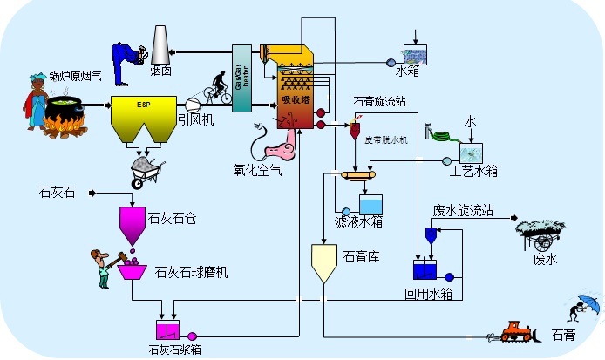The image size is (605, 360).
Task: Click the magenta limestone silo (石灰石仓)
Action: click(x=133, y=221)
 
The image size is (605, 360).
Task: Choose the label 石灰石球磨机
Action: click(x=191, y=273)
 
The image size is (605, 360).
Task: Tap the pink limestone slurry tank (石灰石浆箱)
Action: click(x=167, y=330)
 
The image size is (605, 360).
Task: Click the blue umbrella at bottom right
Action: click(x=590, y=305)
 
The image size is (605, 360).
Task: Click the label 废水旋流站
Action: click(x=464, y=210)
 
